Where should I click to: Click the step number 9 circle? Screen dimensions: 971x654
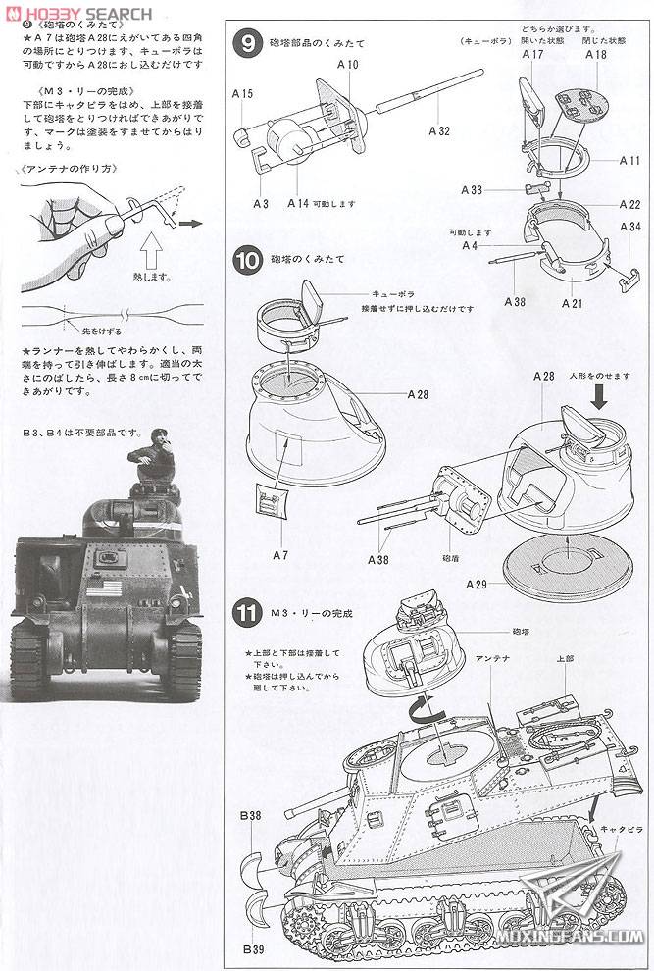(x=249, y=44)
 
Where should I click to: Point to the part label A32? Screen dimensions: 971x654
(x=438, y=130)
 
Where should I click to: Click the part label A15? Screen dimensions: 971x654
(x=243, y=94)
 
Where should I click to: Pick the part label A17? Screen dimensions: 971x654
(x=532, y=55)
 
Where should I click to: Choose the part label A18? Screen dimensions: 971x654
(x=594, y=55)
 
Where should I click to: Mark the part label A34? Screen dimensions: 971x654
(x=629, y=227)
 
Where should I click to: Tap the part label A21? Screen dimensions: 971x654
(x=573, y=303)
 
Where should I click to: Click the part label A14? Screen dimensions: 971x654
(x=298, y=203)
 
